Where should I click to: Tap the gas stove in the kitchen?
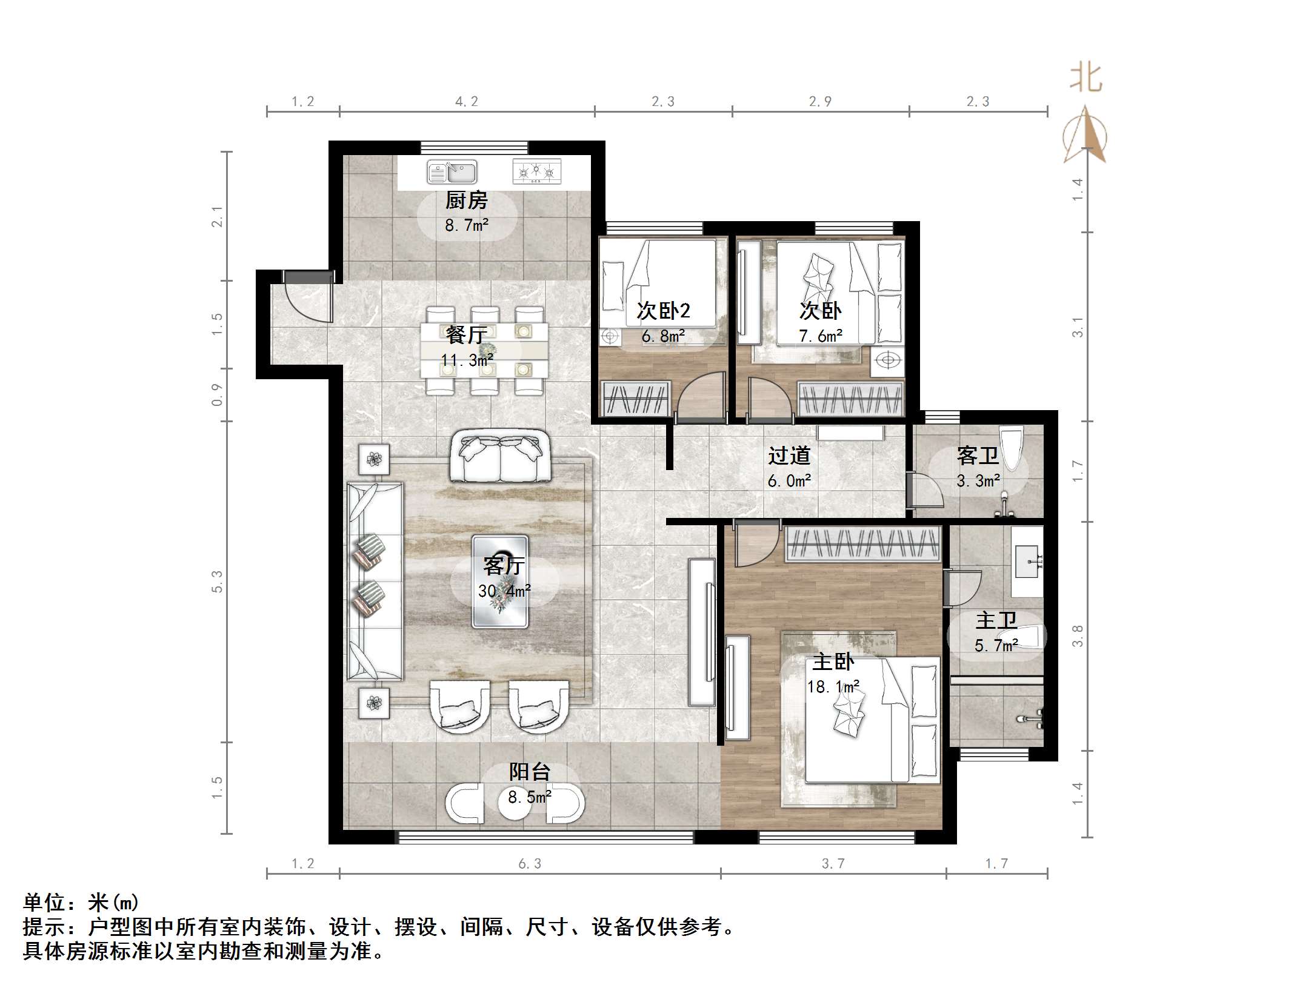(x=536, y=172)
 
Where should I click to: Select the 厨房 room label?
(x=466, y=201)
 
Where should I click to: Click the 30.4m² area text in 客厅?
(x=504, y=591)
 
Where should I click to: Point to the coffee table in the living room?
(x=500, y=582)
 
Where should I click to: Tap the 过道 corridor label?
(x=789, y=456)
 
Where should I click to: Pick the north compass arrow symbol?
(x=1085, y=136)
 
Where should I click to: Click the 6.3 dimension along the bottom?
(x=530, y=864)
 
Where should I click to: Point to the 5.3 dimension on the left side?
(x=217, y=582)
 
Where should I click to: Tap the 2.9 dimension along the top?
(x=820, y=102)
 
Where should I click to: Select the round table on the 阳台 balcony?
(x=514, y=803)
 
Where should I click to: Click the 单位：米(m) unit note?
(x=81, y=903)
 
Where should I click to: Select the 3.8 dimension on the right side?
(x=1077, y=636)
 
